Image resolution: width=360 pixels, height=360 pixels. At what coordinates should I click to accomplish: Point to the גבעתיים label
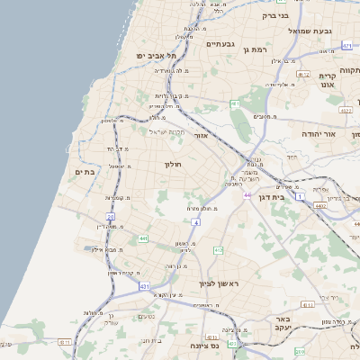click(220, 43)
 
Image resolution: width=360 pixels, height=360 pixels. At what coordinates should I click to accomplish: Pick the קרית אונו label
click(327, 82)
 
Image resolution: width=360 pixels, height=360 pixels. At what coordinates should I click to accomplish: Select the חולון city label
click(173, 165)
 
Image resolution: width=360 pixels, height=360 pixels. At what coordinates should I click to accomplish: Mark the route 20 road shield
click(110, 217)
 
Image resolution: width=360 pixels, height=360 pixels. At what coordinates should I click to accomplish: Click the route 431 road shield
click(144, 286)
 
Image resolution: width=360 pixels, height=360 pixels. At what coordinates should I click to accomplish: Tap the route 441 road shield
click(143, 238)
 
